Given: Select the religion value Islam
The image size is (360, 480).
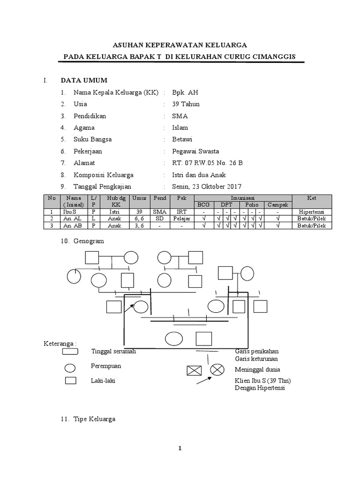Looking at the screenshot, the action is [180, 127].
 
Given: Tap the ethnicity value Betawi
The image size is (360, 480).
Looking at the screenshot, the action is [182, 139].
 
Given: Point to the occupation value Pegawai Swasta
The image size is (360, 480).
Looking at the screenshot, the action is [195, 151].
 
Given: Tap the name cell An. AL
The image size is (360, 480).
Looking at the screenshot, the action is [70, 218].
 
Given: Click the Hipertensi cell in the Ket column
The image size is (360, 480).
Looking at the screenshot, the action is [312, 212].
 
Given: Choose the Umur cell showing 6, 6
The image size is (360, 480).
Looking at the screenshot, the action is [139, 218].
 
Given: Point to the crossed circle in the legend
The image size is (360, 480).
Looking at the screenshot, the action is [217, 369].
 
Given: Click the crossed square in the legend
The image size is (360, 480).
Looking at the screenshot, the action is [193, 370].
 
